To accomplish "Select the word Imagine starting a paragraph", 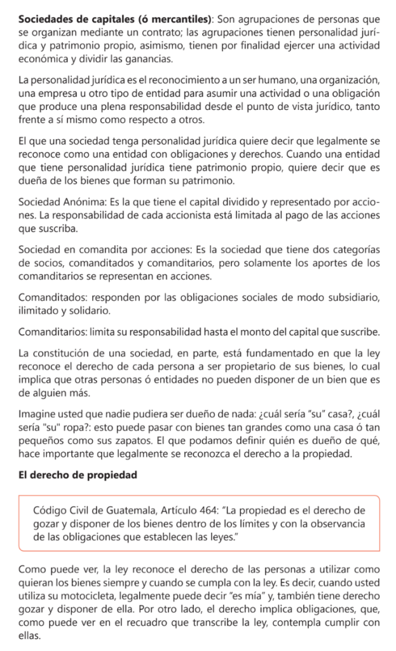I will click(38, 411).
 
